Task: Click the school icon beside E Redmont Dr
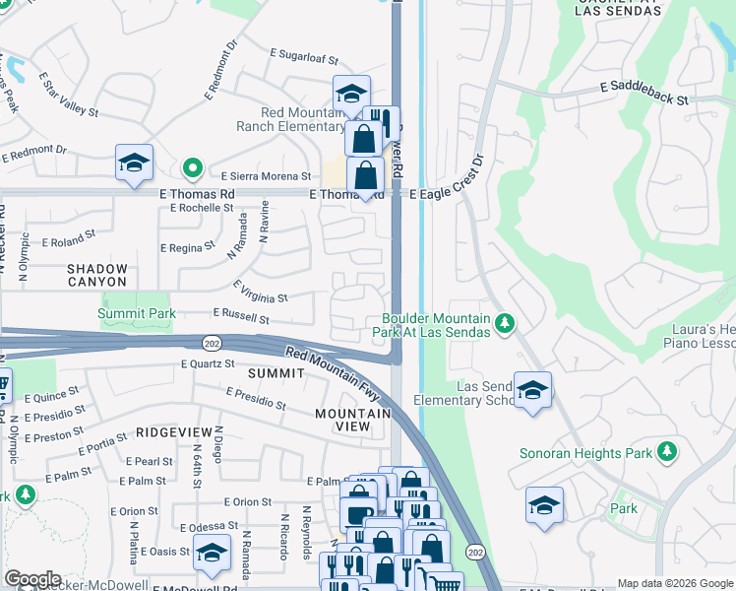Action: coord(135,163)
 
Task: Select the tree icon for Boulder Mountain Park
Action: coord(505,324)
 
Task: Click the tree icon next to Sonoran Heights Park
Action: coord(668,452)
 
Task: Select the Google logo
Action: coord(32,579)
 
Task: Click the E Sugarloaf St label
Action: coord(304,59)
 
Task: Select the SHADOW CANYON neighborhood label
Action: coord(97,275)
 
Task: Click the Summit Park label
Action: coord(137,313)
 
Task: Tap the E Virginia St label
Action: coord(260,292)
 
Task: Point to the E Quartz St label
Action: coord(209,363)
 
